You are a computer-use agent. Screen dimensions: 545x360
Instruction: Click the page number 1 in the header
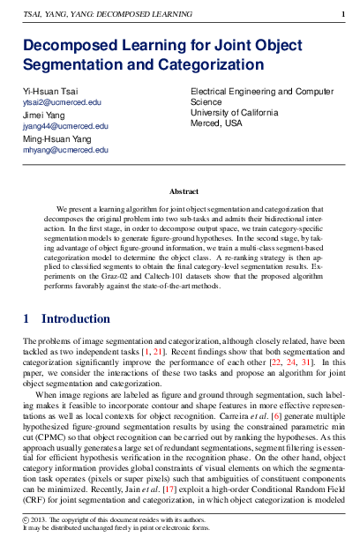(x=342, y=15)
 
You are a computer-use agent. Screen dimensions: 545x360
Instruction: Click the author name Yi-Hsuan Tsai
(x=50, y=93)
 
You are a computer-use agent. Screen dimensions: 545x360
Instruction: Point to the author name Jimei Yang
(x=45, y=116)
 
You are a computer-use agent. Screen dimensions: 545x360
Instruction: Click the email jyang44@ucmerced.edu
(x=65, y=126)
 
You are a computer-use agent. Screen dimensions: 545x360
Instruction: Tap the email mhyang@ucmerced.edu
(x=64, y=150)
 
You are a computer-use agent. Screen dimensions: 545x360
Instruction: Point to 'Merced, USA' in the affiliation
(x=216, y=123)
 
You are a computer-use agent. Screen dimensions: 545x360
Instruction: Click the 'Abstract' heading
(x=184, y=191)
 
